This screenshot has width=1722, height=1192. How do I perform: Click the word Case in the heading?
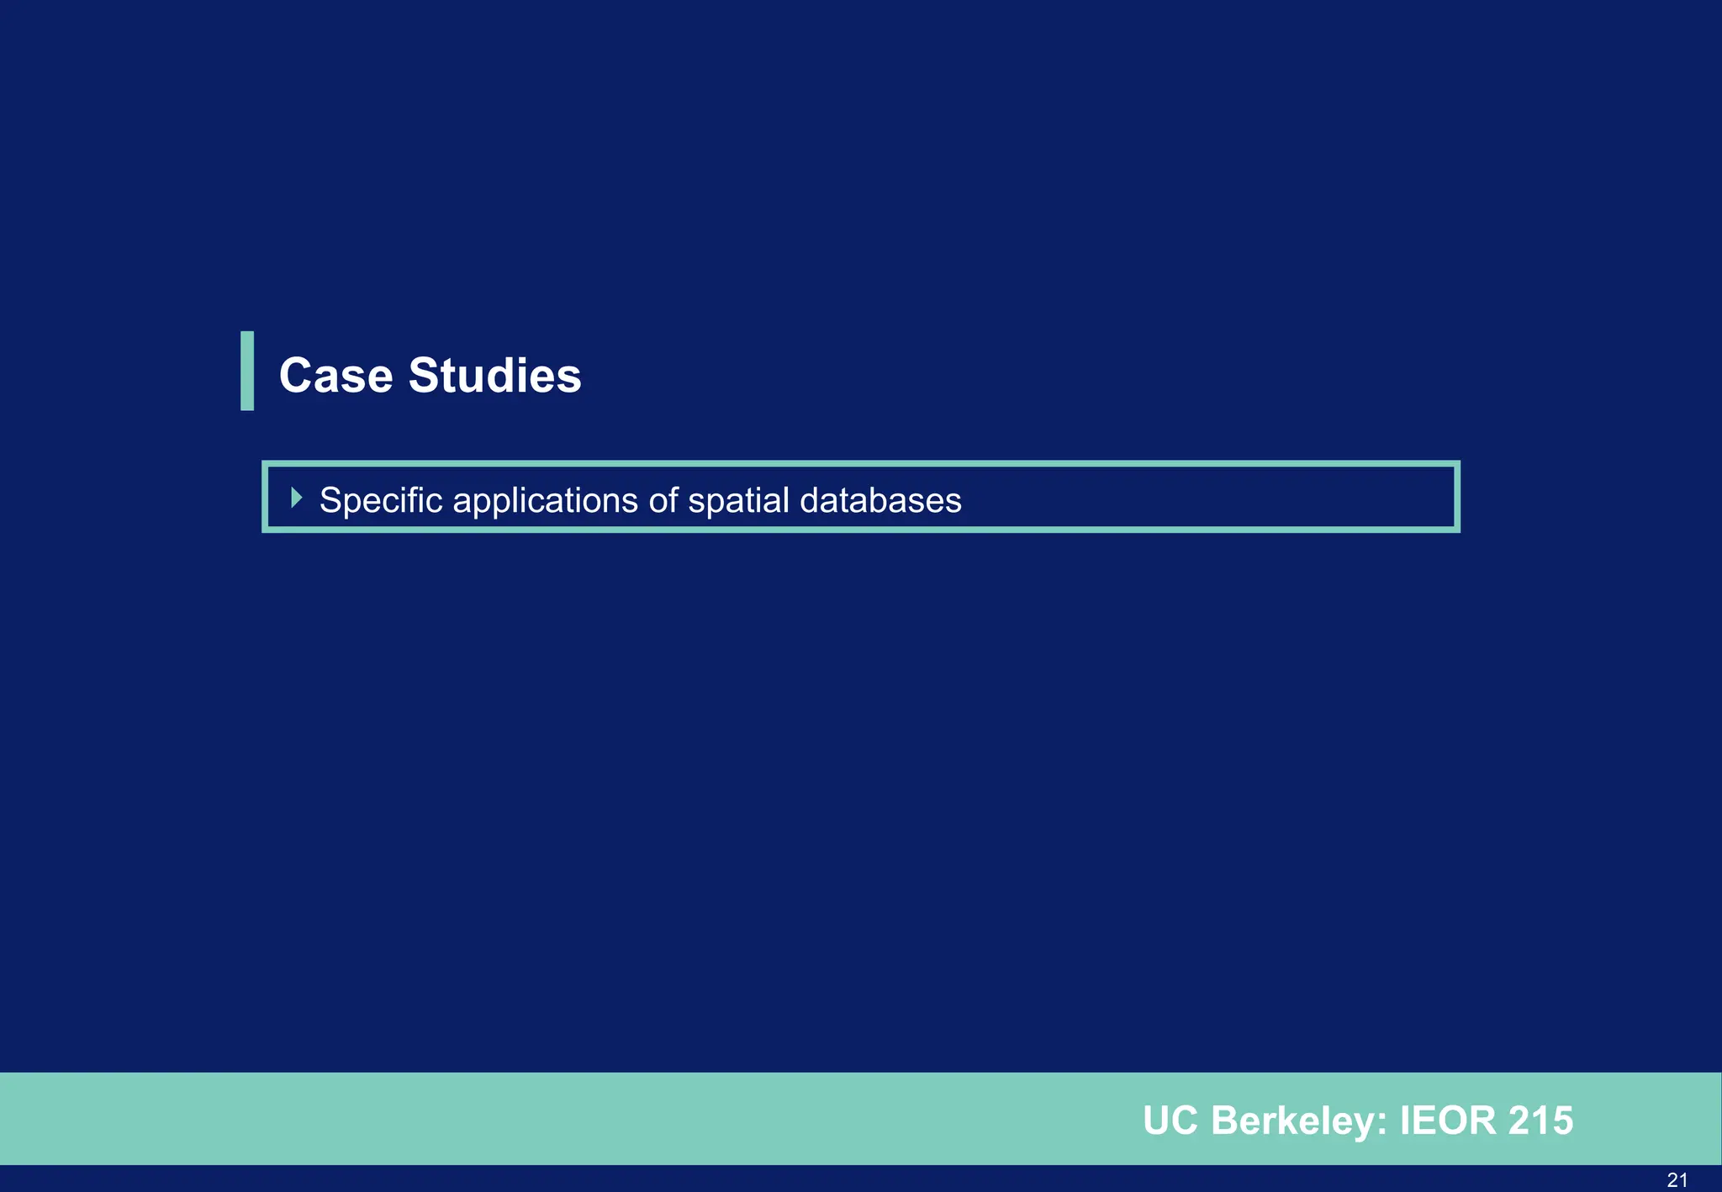coord(335,375)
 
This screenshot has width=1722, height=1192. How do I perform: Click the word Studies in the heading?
coord(494,375)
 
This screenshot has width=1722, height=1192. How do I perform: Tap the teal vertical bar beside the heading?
coord(247,371)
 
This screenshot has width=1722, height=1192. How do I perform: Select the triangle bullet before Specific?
coord(296,498)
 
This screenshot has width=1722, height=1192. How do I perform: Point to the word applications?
coord(546,501)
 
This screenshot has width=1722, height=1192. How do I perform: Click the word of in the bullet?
coord(663,500)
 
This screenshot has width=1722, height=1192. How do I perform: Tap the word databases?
coord(880,500)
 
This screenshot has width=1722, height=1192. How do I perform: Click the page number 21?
coord(1677,1179)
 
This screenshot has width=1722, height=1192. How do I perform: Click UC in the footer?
coord(1170,1121)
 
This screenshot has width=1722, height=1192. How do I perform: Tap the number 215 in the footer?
coord(1540,1121)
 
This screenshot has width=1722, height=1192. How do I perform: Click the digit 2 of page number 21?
coord(1672,1179)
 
